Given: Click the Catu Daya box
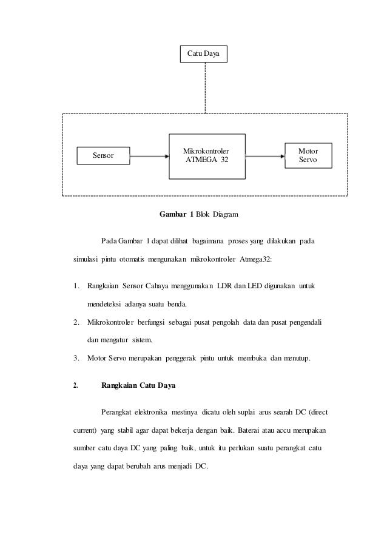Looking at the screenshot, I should (204, 54).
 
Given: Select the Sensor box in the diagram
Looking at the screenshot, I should (103, 155).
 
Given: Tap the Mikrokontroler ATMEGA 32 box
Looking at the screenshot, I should (207, 155).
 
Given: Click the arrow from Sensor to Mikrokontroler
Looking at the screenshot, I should (149, 156).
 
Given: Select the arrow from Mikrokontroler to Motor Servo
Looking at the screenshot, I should (265, 156).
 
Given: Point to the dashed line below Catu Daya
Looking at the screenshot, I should (206, 87).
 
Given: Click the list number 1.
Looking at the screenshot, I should (75, 285).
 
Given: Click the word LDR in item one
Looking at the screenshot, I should (226, 285).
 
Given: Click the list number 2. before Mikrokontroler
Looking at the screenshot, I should (75, 322).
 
